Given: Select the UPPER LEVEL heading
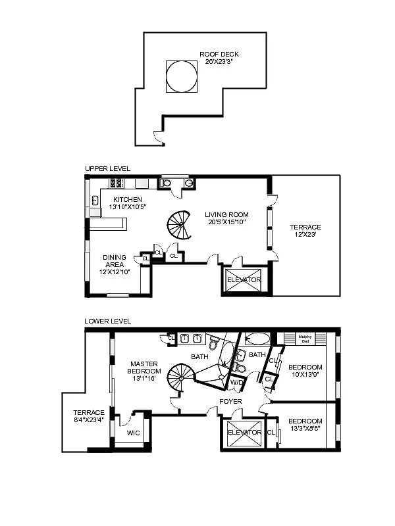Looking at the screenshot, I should pos(103,169).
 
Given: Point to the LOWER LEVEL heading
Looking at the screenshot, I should pos(107,322).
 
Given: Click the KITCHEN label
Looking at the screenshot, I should pos(127,199).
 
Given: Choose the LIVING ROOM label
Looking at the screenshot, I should pos(226,214).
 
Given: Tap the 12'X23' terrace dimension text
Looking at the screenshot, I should pos(305,236).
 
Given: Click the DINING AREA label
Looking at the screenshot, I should pos(115,262).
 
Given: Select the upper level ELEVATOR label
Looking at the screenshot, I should pos(244,280).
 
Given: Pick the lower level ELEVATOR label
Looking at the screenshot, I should pos(244,433).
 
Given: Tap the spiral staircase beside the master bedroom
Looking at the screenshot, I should pos(180,381).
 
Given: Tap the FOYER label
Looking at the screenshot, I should pos(230,401).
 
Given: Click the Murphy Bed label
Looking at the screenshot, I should pos(304,339).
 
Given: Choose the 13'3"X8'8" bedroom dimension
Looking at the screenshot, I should pos(305,429).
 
